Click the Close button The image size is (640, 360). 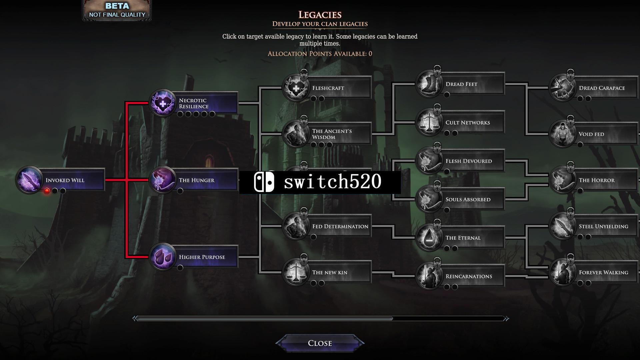(320, 343)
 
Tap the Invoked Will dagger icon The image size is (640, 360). (30, 180)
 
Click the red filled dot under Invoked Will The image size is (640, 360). (47, 191)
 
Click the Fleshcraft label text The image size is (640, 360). (328, 88)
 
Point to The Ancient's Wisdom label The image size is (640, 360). (332, 134)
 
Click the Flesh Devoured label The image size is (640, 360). (469, 161)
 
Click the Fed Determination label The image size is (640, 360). (340, 226)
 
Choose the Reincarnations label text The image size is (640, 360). (469, 276)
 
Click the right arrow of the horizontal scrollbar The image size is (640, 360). (506, 319)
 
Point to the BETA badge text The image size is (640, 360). (117, 6)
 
